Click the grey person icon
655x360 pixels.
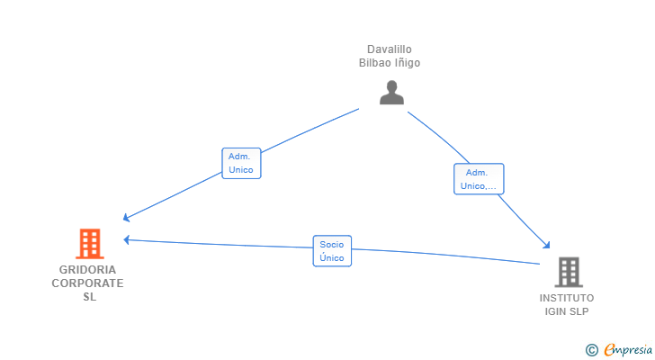tap(391, 93)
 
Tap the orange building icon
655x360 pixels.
tap(90, 244)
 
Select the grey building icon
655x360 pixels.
tap(569, 273)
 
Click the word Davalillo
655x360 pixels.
tap(390, 49)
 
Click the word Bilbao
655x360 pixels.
tap(373, 63)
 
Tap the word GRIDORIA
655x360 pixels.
tap(88, 270)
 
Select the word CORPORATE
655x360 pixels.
tap(88, 283)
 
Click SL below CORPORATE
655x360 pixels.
tap(89, 297)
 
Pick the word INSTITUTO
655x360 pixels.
tap(567, 298)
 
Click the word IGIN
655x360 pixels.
tap(555, 311)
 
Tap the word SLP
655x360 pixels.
tap(579, 311)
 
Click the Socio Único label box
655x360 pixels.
tap(332, 251)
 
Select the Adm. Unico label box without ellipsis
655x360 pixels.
tap(241, 163)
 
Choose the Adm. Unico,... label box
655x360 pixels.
tap(479, 179)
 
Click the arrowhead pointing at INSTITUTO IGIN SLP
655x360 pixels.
tap(546, 245)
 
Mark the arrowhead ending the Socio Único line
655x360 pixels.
tap(127, 239)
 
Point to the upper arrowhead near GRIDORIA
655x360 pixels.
tap(126, 217)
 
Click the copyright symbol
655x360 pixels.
tap(591, 350)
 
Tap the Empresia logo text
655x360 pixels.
tap(628, 350)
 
